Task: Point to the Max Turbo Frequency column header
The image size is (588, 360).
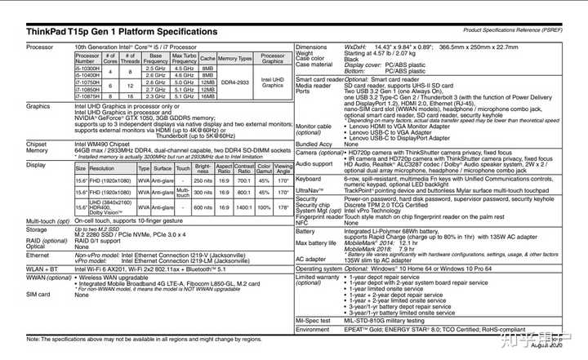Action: point(185,59)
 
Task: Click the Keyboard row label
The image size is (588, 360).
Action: point(309,178)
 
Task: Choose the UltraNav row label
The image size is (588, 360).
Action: point(309,190)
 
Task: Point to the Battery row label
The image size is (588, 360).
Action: point(306,231)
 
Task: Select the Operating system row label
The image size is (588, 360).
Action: point(319,268)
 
